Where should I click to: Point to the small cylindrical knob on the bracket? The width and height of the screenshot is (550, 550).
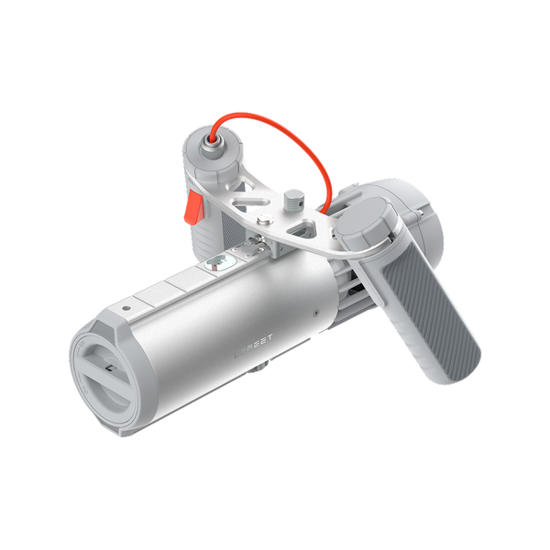[292, 198]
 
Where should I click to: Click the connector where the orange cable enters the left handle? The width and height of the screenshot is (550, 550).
[212, 138]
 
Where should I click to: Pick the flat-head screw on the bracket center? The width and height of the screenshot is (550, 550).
[264, 221]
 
